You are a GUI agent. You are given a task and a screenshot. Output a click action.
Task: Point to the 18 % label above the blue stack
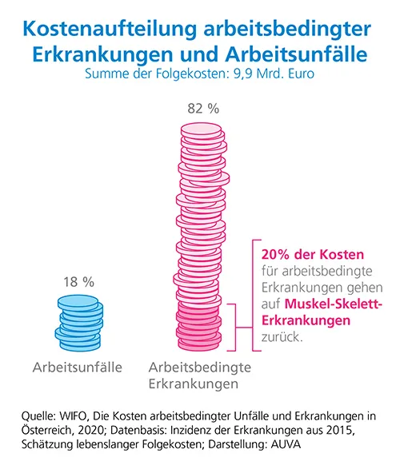78,282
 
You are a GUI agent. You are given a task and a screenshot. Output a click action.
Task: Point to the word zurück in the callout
282,337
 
